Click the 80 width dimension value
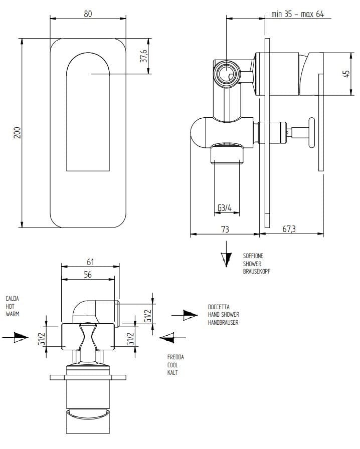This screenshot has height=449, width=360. (x=88, y=14)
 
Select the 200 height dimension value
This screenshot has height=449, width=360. (x=17, y=132)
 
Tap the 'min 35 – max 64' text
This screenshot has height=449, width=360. (x=297, y=14)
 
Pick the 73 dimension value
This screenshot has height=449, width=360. (x=225, y=229)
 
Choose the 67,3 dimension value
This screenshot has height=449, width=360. (x=289, y=229)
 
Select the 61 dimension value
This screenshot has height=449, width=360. (x=90, y=262)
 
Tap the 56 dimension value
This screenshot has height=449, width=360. (x=87, y=275)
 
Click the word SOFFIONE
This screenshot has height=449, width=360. (x=253, y=256)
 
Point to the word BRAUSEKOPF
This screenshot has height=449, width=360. (x=257, y=271)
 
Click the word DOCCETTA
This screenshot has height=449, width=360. (x=219, y=307)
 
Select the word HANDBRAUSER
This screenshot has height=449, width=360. (x=223, y=322)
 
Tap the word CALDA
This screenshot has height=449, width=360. (x=13, y=299)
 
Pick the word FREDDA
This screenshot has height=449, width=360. (x=175, y=357)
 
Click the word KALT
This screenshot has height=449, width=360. (x=172, y=373)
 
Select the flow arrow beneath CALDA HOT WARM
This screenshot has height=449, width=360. (x=18, y=336)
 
